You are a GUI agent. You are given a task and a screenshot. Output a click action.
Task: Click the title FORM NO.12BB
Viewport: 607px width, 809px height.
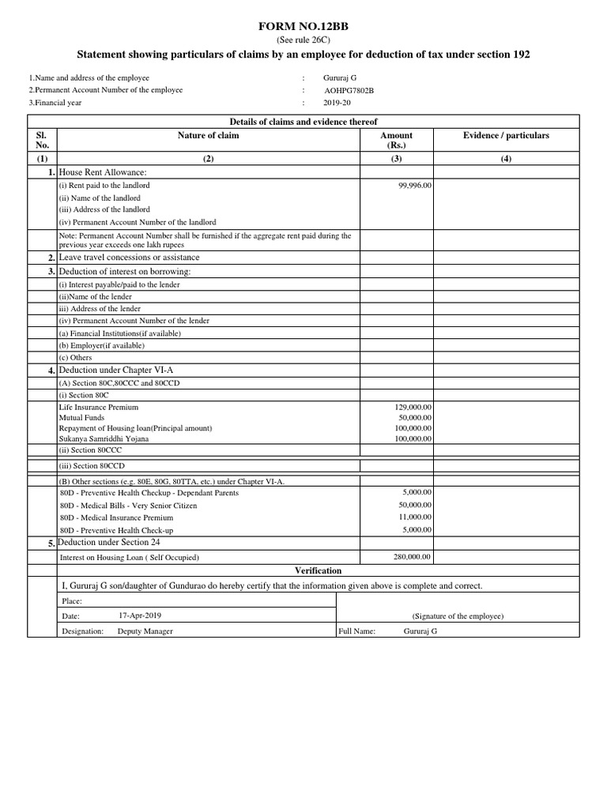[x=303, y=27]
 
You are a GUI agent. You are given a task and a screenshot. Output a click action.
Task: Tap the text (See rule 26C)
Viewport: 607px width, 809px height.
[x=303, y=40]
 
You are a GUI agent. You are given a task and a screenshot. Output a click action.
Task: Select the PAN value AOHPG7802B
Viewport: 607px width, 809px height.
[x=349, y=91]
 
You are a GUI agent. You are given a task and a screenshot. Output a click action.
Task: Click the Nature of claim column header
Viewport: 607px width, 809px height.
[x=208, y=136]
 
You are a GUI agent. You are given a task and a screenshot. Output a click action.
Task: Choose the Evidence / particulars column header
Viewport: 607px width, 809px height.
[x=506, y=136]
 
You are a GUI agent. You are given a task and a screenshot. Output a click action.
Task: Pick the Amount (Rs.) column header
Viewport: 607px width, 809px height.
[x=396, y=141]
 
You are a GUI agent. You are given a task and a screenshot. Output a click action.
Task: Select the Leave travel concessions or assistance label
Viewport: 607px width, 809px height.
[x=129, y=258]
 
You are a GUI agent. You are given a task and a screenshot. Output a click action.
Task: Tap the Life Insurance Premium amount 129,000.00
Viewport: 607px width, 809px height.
[x=413, y=407]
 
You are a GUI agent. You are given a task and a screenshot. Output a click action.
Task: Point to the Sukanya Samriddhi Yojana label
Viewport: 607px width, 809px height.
[x=103, y=438]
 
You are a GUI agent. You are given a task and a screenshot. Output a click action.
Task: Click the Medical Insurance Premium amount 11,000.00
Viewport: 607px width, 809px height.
[x=415, y=517]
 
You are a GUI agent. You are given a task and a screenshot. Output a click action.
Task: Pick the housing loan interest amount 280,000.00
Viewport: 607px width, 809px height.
[x=413, y=557]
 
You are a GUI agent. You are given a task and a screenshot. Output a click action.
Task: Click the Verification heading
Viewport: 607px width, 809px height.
[x=319, y=570]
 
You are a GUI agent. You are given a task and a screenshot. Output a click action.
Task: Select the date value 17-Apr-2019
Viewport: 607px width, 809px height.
[x=140, y=615]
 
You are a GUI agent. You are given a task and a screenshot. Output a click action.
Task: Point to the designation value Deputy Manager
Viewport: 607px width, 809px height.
[x=145, y=631]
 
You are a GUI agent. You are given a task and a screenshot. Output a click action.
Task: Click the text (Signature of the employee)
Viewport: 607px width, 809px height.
[x=458, y=616]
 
